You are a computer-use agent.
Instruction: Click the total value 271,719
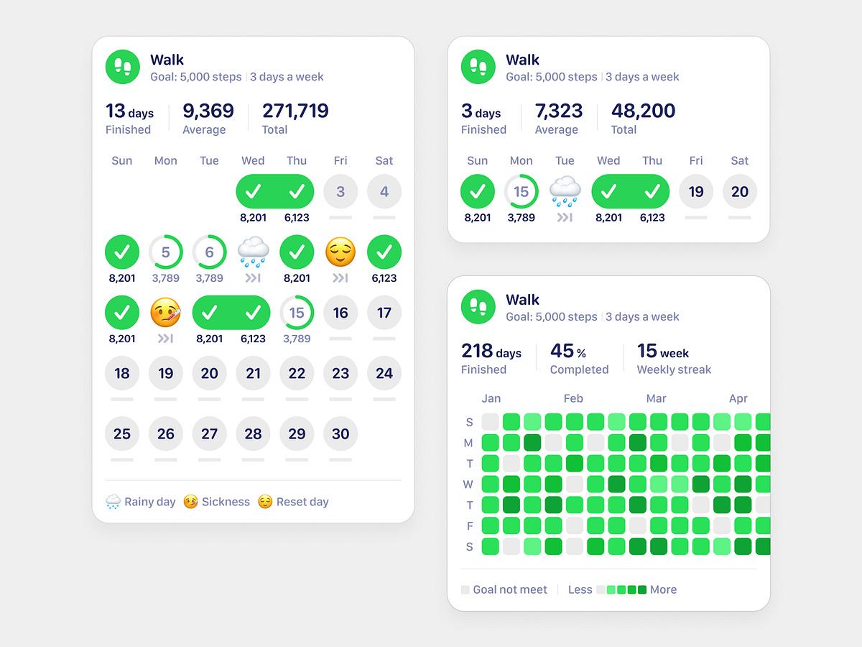295,111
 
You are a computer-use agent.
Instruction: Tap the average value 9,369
208,111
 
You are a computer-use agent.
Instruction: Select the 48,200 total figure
643,111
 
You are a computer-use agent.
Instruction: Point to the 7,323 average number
558,111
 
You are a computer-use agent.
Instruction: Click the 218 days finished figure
491,351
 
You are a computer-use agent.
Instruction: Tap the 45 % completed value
567,351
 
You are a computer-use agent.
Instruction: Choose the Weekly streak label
674,370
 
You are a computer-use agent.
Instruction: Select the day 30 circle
340,433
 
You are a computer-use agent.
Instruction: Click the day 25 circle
122,433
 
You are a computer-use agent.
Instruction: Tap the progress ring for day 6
209,252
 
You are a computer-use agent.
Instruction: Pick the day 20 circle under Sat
740,192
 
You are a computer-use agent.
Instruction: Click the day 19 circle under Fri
696,192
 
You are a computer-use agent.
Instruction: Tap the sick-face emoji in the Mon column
165,313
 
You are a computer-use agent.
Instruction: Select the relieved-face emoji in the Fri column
340,252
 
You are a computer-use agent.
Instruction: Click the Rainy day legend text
149,502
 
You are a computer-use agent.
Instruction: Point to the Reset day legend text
302,502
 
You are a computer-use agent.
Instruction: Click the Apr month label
738,398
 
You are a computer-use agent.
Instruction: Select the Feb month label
573,398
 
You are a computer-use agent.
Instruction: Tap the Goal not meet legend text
510,589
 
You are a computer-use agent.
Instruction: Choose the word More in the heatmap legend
663,589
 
